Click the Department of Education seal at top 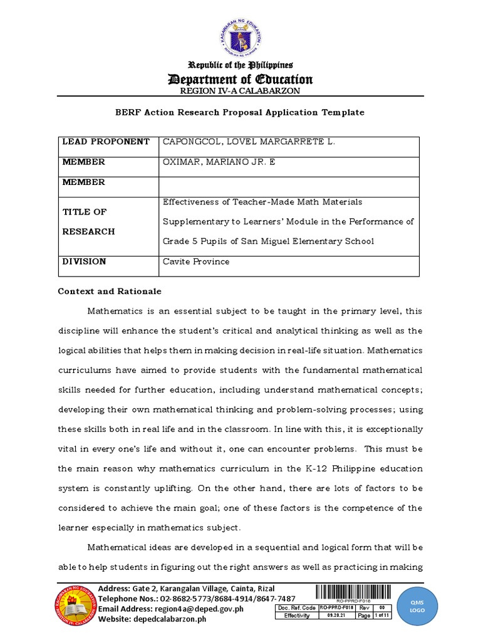(240, 39)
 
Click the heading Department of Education (240, 79)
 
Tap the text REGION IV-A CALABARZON (240, 91)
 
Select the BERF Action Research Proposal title (240, 112)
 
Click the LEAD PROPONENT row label (106, 142)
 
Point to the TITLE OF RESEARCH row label (88, 222)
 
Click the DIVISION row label (84, 261)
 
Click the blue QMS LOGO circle (435, 606)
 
